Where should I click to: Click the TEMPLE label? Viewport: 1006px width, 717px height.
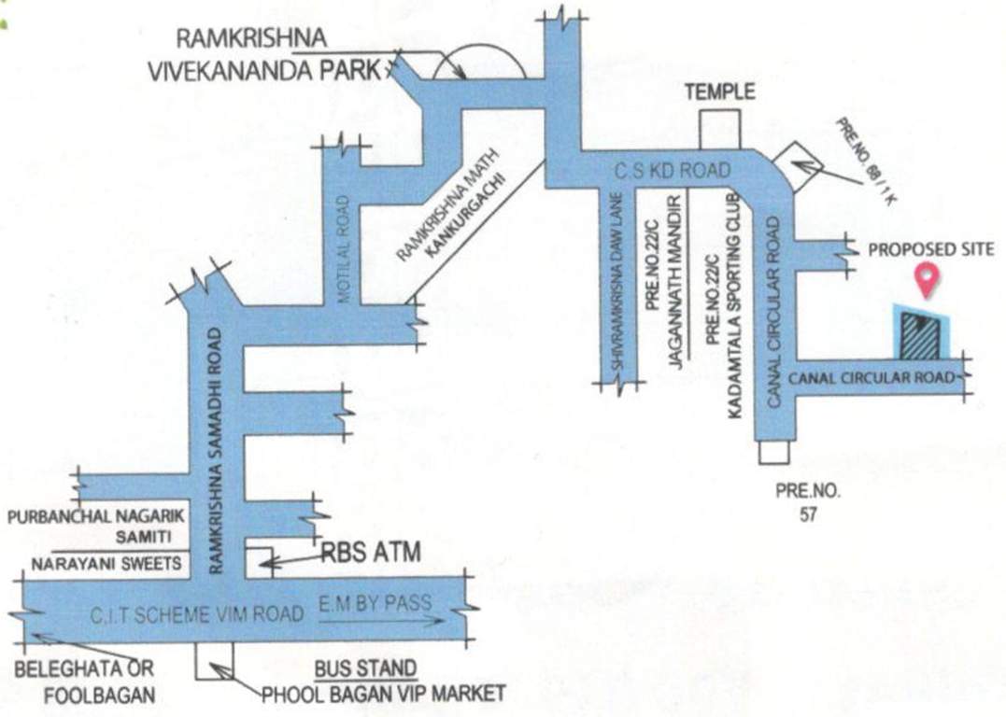tap(719, 91)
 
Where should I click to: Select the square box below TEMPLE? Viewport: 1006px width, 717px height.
tap(720, 130)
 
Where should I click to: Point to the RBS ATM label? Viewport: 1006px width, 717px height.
tap(370, 554)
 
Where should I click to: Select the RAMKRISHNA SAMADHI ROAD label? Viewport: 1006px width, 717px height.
tap(218, 448)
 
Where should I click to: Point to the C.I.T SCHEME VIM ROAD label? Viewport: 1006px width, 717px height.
tap(197, 614)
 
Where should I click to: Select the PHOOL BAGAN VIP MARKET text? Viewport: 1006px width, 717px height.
tap(384, 694)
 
